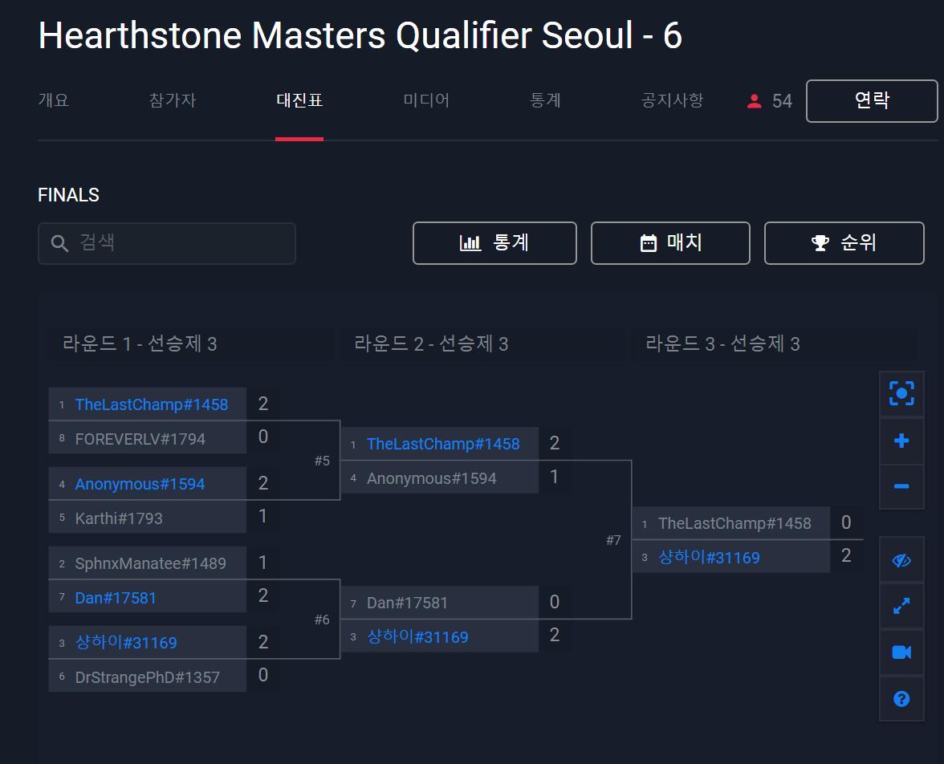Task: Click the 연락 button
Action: pos(871,101)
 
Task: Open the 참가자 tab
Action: pos(172,100)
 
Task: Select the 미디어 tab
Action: pos(426,100)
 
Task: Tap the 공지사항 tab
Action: pos(672,100)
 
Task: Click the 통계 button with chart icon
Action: pos(494,243)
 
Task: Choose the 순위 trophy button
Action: pos(844,243)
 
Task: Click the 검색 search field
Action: pos(167,243)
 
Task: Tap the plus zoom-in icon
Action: pos(901,441)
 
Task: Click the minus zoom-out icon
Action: pos(901,486)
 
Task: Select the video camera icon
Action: pos(901,652)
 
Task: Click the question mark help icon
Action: pos(901,699)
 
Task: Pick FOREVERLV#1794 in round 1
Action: pos(140,439)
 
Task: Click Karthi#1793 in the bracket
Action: pos(119,518)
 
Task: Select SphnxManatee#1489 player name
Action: pos(150,563)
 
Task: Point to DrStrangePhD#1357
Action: pos(147,677)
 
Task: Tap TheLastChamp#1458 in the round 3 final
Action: pos(734,523)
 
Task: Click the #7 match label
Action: pos(613,540)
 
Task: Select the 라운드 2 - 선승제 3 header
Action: pos(431,344)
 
